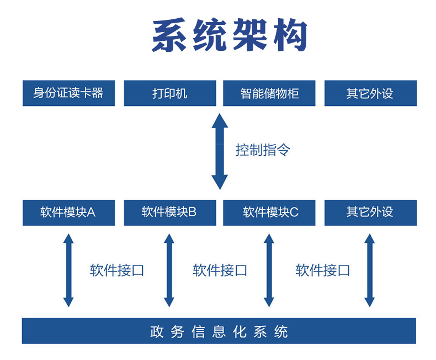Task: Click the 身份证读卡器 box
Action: tap(68, 93)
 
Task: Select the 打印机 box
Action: tap(169, 93)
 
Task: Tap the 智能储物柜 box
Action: tap(269, 93)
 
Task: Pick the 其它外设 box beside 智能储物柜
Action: tap(370, 93)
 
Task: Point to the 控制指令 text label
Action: tap(263, 150)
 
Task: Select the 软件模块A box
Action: tap(68, 213)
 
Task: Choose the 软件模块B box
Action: tap(169, 213)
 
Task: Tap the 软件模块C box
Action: tap(269, 213)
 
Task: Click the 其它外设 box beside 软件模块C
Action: tap(370, 213)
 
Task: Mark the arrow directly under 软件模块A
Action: tap(68, 271)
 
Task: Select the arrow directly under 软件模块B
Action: tap(169, 271)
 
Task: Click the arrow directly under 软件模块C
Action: tap(269, 271)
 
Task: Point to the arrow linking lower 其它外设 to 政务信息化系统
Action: tap(370, 271)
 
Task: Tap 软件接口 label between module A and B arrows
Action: tap(117, 271)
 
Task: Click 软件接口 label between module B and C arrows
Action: tap(220, 271)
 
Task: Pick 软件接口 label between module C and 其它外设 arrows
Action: tap(323, 271)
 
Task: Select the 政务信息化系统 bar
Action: tap(219, 331)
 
